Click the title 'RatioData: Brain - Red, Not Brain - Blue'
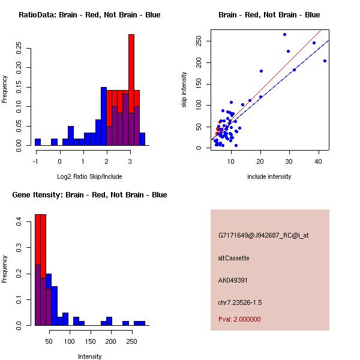(x=89, y=15)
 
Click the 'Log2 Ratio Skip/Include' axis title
(x=89, y=176)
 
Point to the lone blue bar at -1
(x=38, y=142)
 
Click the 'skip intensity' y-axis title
(x=184, y=90)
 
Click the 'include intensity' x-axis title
(x=269, y=176)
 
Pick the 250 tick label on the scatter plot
(x=198, y=41)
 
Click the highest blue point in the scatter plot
(x=284, y=34)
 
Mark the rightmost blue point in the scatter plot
(x=325, y=61)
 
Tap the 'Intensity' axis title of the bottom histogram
(x=89, y=356)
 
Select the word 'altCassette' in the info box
(x=233, y=258)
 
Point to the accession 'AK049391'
(x=233, y=280)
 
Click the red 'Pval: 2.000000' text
(x=239, y=319)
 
